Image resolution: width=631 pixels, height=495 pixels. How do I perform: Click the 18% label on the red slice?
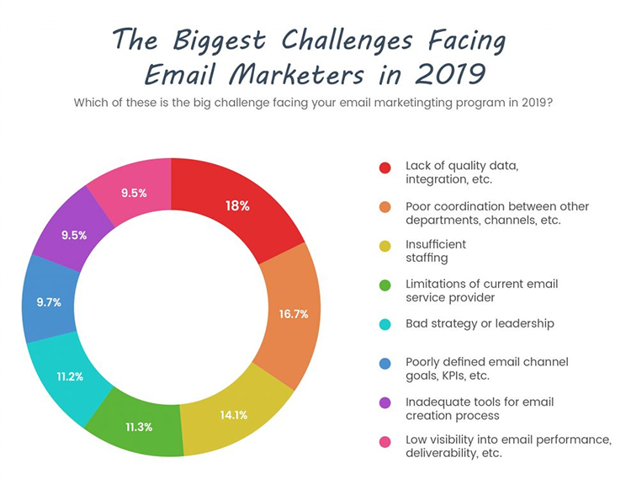tap(237, 205)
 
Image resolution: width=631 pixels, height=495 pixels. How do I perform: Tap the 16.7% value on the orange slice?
tap(294, 314)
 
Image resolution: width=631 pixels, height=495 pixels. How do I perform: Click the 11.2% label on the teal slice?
tap(70, 376)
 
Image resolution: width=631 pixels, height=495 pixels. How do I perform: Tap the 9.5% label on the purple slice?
tap(73, 235)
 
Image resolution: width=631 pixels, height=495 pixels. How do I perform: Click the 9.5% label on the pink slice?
tap(134, 193)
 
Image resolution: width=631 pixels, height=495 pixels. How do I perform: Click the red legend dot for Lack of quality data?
tap(385, 168)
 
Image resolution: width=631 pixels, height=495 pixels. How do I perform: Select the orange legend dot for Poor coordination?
tap(385, 207)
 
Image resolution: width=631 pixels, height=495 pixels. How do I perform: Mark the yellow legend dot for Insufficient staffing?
tap(385, 246)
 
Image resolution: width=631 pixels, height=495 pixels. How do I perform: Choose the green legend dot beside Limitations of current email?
tap(385, 285)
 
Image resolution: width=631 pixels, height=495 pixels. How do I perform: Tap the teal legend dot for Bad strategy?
tap(385, 324)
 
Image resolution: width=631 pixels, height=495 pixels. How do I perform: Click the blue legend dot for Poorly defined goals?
tap(385, 363)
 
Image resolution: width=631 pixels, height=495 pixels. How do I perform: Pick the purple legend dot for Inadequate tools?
tap(385, 402)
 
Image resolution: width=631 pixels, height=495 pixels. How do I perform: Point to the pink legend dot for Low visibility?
tap(385, 441)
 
